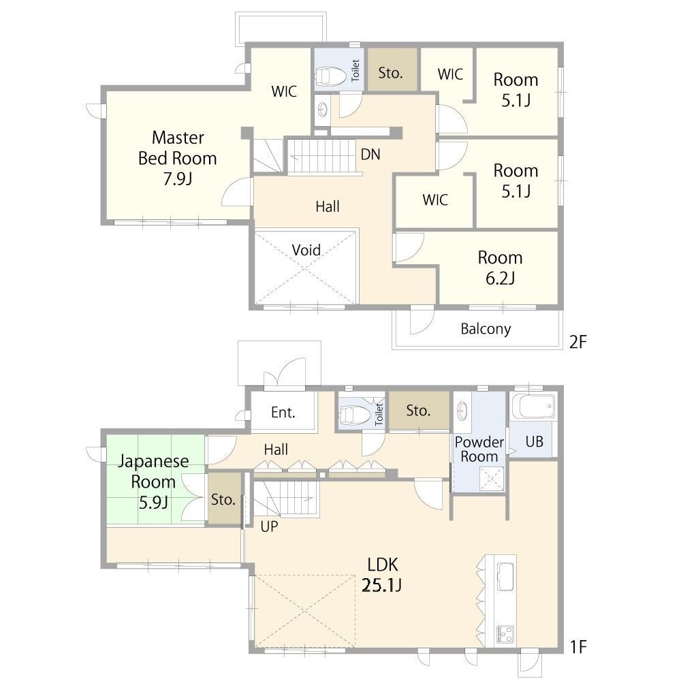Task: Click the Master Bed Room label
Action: [177, 158]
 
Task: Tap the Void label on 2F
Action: [306, 250]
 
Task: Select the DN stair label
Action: [370, 154]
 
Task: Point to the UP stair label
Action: [269, 526]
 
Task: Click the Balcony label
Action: [486, 329]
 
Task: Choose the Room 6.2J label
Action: [500, 268]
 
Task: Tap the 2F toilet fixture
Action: [331, 76]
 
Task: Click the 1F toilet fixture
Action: [355, 414]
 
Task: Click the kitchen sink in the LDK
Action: [505, 576]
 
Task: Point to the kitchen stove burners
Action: [505, 635]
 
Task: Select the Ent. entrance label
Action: [283, 412]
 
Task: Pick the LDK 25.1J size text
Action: [382, 586]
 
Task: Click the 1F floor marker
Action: [578, 647]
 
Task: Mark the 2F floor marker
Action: [577, 342]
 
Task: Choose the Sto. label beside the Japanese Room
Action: [223, 499]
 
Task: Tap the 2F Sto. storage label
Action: [390, 73]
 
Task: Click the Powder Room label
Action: [479, 449]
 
